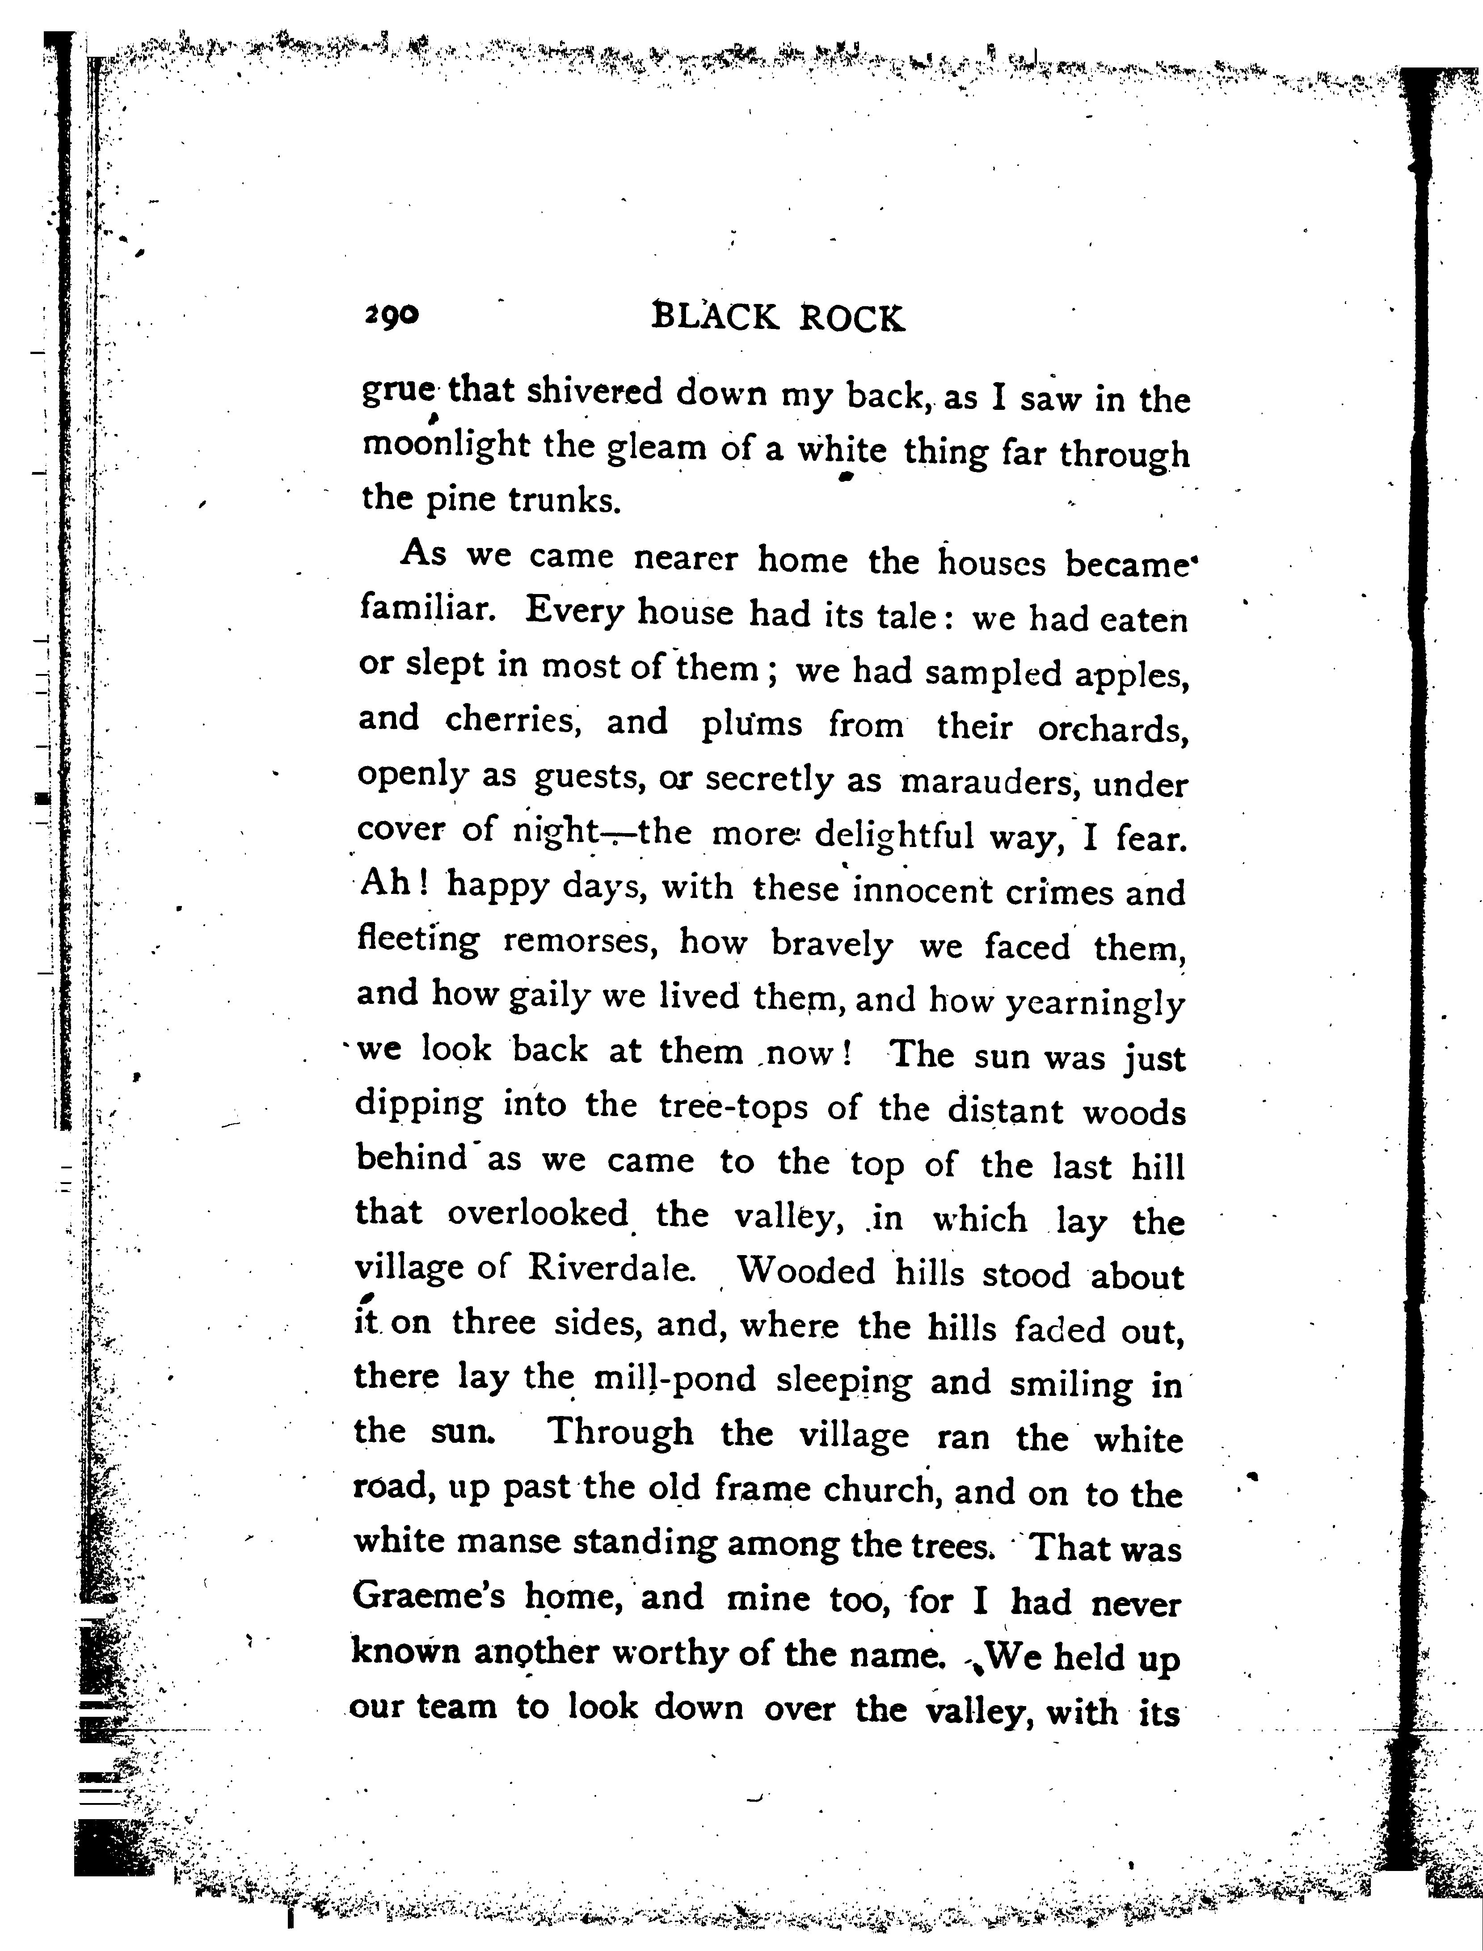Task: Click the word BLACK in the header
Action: point(715,318)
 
